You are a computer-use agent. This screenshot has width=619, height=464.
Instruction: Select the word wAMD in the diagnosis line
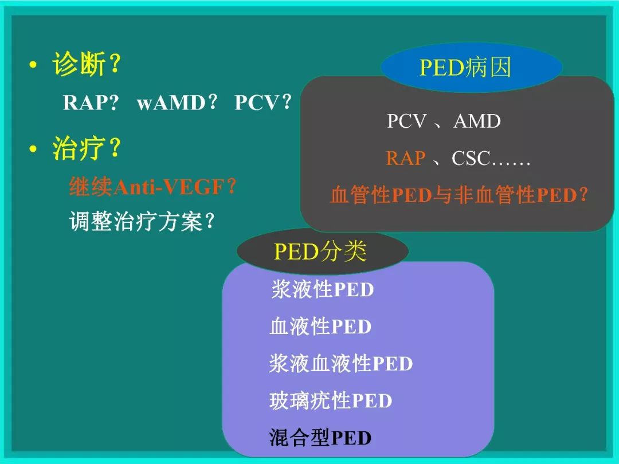point(171,103)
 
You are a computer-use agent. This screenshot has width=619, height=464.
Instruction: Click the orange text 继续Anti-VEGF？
point(152,187)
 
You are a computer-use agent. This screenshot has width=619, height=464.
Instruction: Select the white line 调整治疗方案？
point(142,222)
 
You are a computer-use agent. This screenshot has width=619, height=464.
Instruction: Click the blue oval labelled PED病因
point(465,68)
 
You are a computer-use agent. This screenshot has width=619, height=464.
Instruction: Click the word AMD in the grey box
point(477,121)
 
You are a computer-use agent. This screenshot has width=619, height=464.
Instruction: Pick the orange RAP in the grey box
point(406,158)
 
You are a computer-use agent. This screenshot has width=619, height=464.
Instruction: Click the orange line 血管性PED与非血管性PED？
point(459,195)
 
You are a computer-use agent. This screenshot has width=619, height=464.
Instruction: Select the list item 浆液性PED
point(322,290)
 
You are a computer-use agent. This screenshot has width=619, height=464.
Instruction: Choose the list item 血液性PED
point(320,327)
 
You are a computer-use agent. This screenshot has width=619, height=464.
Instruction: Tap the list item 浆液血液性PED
point(341,364)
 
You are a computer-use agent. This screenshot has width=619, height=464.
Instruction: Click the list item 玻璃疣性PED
point(331,401)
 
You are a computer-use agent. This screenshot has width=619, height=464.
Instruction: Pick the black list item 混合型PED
point(320,438)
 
